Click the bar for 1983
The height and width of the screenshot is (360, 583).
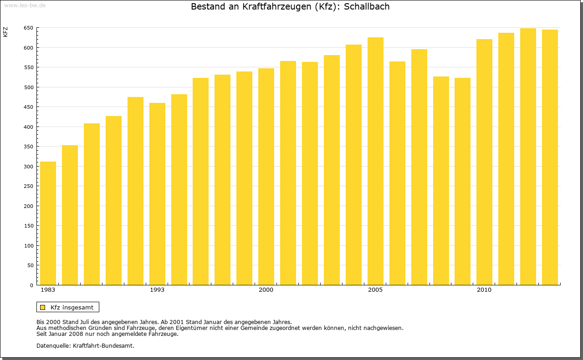coord(48,223)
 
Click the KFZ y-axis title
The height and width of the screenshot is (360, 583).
coord(5,32)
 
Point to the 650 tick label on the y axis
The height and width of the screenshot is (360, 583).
coord(28,28)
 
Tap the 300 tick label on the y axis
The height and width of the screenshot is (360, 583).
coord(28,167)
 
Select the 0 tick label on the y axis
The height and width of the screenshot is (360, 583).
coord(31,285)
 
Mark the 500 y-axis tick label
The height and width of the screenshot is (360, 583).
coord(28,87)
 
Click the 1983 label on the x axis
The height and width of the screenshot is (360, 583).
coord(48,290)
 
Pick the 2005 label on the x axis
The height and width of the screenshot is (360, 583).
coord(375,290)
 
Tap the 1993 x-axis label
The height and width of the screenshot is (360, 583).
coord(157,290)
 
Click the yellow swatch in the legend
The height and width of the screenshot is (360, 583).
coord(42,307)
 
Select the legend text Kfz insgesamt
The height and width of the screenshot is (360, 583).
coord(72,307)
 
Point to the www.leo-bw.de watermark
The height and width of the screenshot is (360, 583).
coord(25,5)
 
